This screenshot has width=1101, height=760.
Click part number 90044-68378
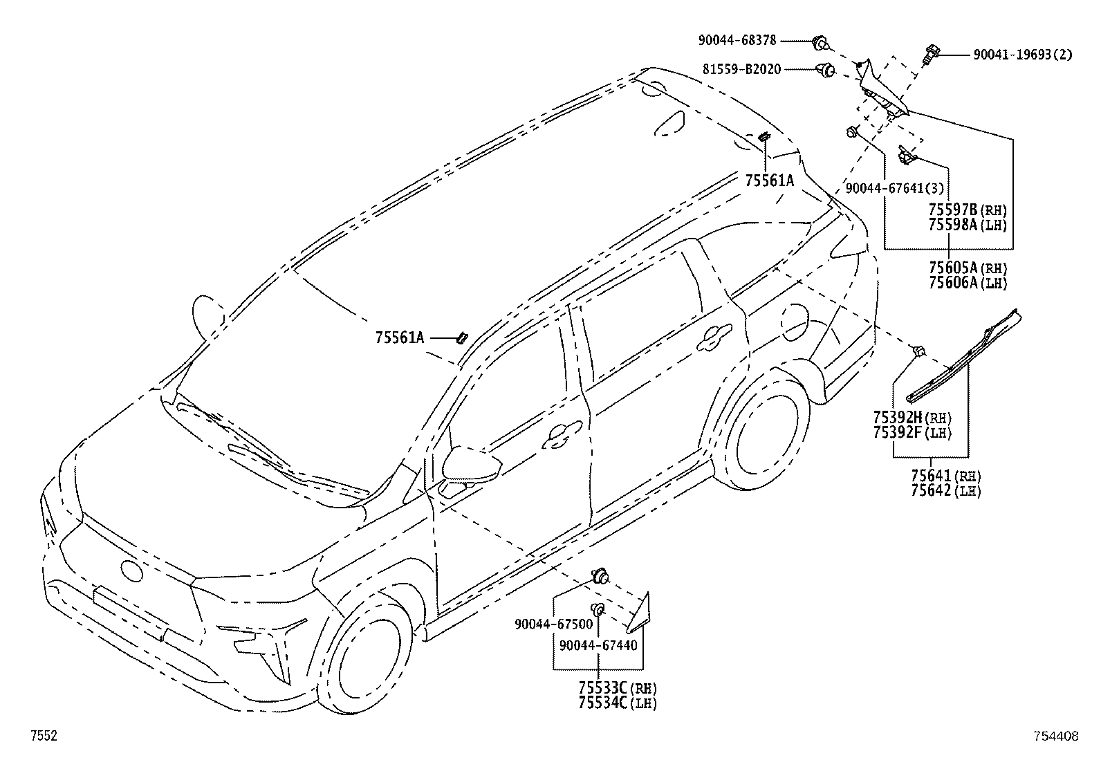tap(737, 40)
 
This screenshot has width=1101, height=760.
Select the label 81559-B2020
tap(741, 69)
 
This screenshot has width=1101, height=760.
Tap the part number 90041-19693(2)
tap(1023, 55)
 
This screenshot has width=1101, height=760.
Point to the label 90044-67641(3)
tap(895, 188)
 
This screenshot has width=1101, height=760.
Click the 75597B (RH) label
tap(968, 210)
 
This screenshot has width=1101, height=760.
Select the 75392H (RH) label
tap(913, 418)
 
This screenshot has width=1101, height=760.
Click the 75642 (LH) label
tap(946, 490)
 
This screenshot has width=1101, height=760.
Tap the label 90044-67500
tap(554, 624)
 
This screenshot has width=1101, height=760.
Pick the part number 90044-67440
tap(598, 645)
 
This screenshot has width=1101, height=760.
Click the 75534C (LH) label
tap(618, 703)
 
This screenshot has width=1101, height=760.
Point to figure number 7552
tap(44, 735)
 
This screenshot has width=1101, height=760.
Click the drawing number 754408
tap(1056, 736)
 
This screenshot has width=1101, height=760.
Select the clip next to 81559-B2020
tap(826, 71)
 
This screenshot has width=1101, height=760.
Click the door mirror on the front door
tap(472, 463)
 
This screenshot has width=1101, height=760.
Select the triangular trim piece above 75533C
tap(640, 613)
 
